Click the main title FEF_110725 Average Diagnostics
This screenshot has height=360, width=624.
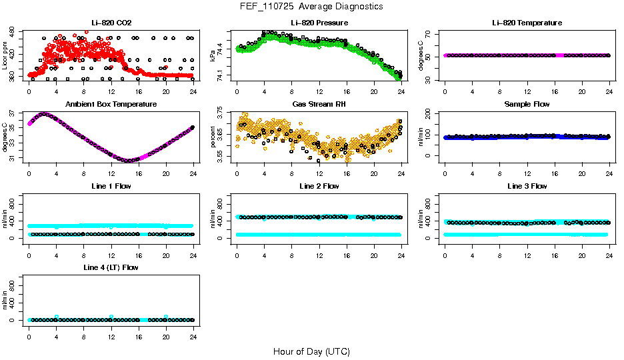[311, 6]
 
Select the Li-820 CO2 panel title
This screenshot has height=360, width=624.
[111, 23]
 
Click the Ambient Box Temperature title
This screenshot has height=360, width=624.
[111, 104]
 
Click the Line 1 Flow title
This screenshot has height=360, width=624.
[111, 186]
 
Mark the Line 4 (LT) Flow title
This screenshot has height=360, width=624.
[111, 267]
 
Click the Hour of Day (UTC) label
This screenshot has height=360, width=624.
[311, 351]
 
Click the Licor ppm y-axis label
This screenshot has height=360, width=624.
[5, 55]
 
